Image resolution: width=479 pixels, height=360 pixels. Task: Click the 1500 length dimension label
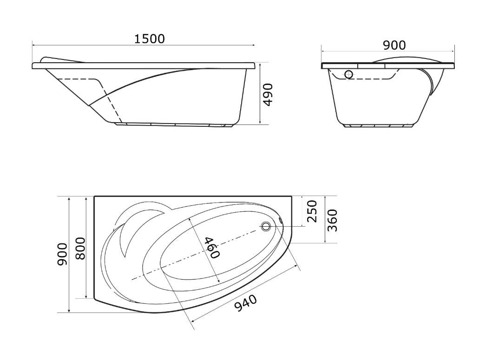point(150,39)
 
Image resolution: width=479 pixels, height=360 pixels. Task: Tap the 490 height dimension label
point(268,95)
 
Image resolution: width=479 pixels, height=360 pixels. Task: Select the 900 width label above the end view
point(394,45)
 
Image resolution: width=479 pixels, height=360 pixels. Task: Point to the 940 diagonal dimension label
point(246,303)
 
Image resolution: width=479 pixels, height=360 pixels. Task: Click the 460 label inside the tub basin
point(211,247)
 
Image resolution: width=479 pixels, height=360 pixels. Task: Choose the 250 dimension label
point(312,211)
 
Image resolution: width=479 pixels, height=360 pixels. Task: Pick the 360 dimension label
point(332,220)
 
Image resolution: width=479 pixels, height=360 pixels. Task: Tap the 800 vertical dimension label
point(80,248)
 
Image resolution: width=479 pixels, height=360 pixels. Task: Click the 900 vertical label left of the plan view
point(62,254)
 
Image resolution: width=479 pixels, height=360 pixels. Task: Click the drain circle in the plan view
point(266,226)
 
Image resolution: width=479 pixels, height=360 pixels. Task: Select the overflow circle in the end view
point(348,74)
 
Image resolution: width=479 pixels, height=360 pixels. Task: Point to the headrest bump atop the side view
point(61,59)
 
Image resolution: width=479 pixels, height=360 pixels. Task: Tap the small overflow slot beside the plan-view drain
point(280,220)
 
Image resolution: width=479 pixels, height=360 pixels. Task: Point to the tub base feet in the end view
point(379,125)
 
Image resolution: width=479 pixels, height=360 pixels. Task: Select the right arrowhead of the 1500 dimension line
point(253,45)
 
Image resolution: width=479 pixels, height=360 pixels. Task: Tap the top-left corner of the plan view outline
point(94,196)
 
